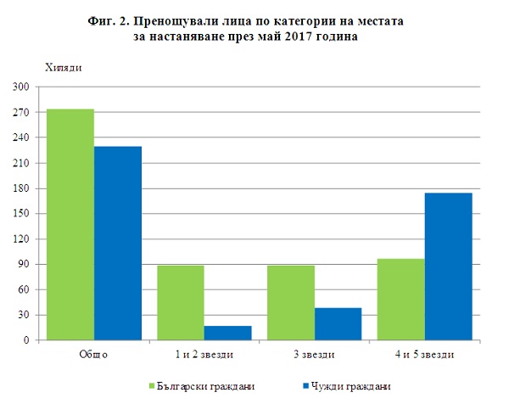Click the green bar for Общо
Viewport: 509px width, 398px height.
pyautogui.click(x=70, y=225)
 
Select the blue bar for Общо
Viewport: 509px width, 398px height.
pyautogui.click(x=118, y=244)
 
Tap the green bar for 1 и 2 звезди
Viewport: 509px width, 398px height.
pyautogui.click(x=181, y=303)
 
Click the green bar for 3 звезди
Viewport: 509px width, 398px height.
pyautogui.click(x=291, y=303)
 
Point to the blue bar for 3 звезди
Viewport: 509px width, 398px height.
pyautogui.click(x=338, y=324)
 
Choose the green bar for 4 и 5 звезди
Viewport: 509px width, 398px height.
pyautogui.click(x=400, y=300)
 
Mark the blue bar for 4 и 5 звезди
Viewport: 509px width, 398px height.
pyautogui.click(x=448, y=266)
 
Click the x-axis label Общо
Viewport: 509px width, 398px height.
pyautogui.click(x=93, y=354)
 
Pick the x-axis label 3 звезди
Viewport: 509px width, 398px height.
pyautogui.click(x=314, y=354)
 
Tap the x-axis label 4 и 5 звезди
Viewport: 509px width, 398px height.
pyautogui.click(x=424, y=354)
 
